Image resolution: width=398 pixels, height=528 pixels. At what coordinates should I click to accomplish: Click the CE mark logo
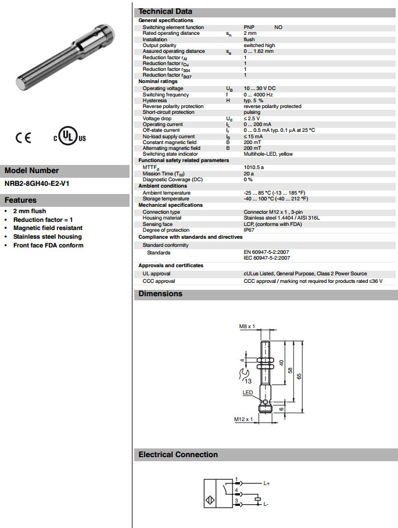pos(23,138)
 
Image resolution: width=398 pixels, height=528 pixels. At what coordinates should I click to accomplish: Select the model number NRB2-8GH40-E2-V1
pos(36,184)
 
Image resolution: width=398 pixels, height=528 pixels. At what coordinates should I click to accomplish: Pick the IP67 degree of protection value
pos(249,230)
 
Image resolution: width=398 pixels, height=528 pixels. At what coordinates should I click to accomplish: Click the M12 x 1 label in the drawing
pos(245,419)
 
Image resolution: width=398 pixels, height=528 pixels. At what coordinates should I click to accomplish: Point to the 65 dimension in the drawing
pos(299,376)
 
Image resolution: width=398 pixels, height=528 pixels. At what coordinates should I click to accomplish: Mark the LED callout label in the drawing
pos(248,393)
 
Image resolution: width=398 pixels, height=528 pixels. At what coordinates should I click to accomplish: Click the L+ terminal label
pos(267,483)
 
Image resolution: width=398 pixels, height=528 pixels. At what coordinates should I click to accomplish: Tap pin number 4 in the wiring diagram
pos(236,491)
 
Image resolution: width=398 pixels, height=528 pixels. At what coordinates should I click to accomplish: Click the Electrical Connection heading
pos(178,455)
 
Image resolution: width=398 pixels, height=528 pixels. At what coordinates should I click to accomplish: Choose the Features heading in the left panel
pos(21,200)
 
